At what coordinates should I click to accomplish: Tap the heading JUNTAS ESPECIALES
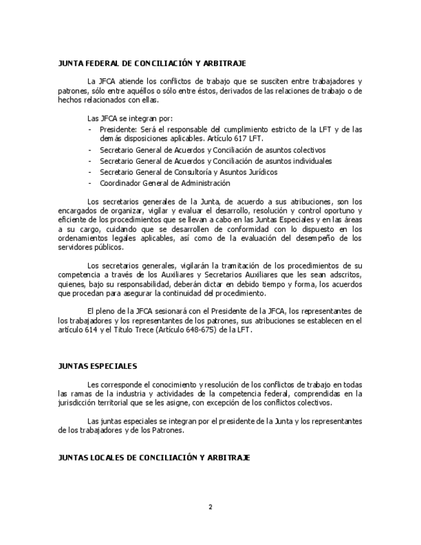[x=97, y=366]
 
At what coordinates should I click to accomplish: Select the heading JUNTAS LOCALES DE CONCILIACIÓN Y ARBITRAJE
[x=154, y=458]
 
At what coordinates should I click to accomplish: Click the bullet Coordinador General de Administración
[x=156, y=183]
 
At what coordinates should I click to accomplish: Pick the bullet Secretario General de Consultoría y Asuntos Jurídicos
[x=188, y=172]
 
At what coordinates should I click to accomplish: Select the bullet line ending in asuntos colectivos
[x=213, y=150]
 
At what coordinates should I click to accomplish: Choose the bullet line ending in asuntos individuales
[x=215, y=161]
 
